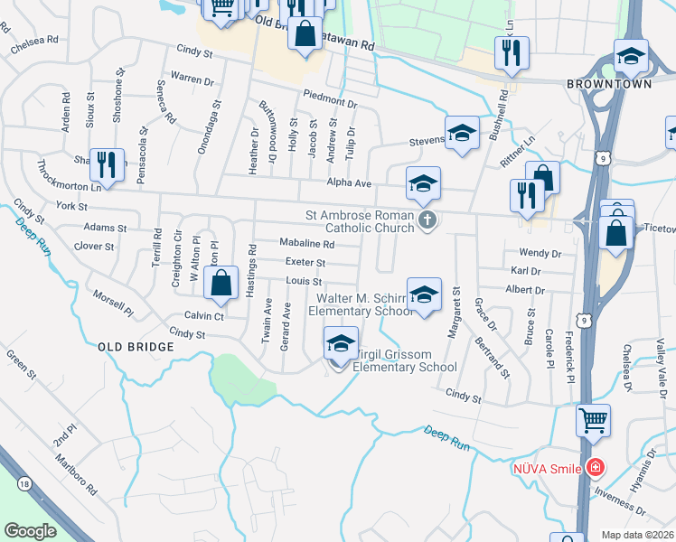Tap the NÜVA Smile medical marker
pos(595,468)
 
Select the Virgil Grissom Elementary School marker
pos(340,345)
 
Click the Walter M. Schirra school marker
pos(423,294)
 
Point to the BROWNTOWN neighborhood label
pos(605,84)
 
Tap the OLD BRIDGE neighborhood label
pos(136,347)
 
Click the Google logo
pos(30,530)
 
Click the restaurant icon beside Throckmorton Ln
pos(108,165)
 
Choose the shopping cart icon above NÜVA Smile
pos(593,419)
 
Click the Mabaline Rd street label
pos(306,244)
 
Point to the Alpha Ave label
pos(350,183)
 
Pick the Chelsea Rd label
pos(33,44)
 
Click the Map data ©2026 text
pos(636,535)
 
